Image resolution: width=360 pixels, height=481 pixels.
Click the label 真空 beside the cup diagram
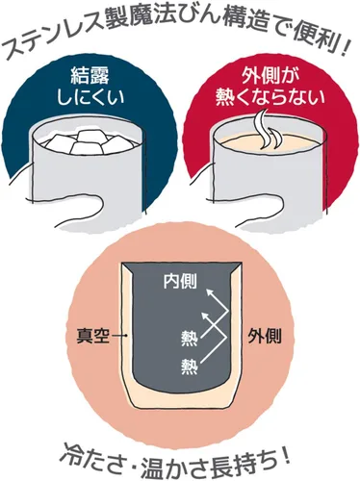pos(92,337)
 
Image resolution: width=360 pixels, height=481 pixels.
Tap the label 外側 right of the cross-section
pos(265,337)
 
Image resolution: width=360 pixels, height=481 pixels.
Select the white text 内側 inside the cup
pos(180,282)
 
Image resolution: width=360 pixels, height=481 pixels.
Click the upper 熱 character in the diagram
pos(189,338)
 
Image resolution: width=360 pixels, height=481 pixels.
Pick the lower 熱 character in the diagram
pos(189,367)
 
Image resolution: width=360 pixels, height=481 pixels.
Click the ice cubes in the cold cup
pos(88,141)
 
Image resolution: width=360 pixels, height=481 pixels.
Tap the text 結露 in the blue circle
pos(90,76)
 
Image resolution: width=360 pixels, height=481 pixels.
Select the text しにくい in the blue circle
pos(90,97)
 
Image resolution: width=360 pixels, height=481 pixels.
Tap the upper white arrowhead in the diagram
pos(210,291)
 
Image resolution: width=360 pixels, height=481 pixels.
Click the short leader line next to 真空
pos(119,337)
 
